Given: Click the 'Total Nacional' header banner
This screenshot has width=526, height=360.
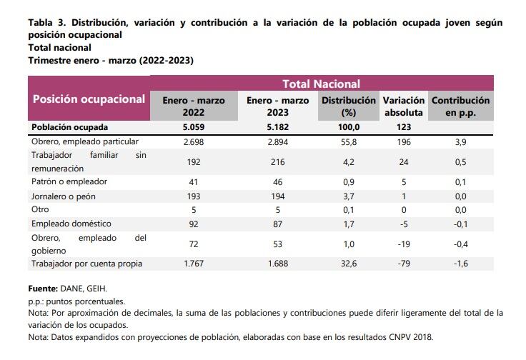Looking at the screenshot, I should tap(321, 84).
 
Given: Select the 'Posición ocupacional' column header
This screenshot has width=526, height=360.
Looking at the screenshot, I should tap(89, 99).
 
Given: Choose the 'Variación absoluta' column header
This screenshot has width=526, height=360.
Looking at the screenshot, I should tap(404, 106).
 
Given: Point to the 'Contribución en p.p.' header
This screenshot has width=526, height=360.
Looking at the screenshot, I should tap(460, 106).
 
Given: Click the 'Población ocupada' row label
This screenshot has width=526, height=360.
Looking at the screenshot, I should tap(69, 127).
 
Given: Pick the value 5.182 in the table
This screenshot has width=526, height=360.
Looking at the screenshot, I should tap(277, 127).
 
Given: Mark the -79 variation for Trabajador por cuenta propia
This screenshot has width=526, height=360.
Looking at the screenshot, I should tap(404, 264).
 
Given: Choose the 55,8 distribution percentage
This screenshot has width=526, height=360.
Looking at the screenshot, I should tap(349, 141).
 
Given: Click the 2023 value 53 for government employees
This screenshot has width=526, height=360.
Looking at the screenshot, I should tap(277, 244).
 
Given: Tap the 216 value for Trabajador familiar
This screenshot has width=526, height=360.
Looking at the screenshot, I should tap(277, 161).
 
